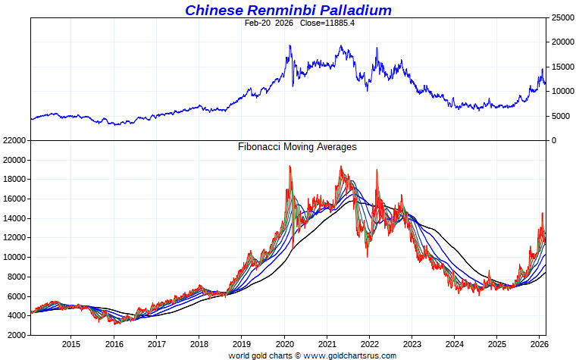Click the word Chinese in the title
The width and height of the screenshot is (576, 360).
(x=213, y=10)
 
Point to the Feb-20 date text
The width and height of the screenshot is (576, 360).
(x=258, y=23)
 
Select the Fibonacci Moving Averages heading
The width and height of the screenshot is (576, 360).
(x=297, y=147)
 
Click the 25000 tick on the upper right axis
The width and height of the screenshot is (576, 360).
(x=562, y=17)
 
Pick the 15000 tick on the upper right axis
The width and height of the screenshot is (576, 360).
(x=562, y=67)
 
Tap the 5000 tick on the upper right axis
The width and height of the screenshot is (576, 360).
(x=559, y=116)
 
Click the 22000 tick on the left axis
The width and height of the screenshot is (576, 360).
(x=15, y=141)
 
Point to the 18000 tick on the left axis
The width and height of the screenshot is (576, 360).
(x=15, y=180)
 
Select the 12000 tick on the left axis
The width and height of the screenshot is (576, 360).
(x=15, y=238)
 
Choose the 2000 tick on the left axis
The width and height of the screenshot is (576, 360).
(x=17, y=334)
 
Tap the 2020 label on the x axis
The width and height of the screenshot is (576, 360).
(x=284, y=343)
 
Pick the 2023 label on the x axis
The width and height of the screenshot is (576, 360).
(x=412, y=343)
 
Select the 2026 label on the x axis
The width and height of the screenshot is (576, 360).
(x=540, y=343)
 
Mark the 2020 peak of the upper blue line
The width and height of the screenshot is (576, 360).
(x=290, y=45)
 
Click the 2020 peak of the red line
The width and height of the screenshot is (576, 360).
(x=290, y=166)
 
